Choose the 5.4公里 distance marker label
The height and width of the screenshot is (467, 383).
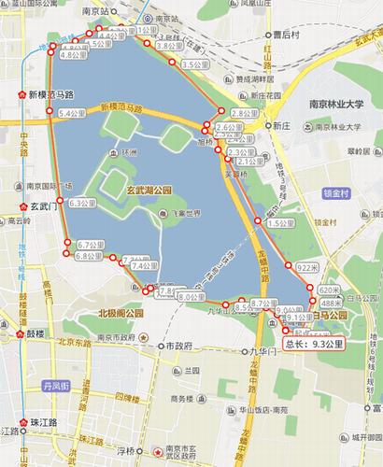[72, 113]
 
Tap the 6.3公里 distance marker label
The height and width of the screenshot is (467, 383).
[83, 203]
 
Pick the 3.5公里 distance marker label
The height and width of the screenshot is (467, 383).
[193, 64]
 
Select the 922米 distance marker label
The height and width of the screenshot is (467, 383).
[309, 268]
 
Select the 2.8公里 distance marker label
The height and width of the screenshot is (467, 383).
[244, 113]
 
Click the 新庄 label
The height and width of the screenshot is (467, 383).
[283, 123]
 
